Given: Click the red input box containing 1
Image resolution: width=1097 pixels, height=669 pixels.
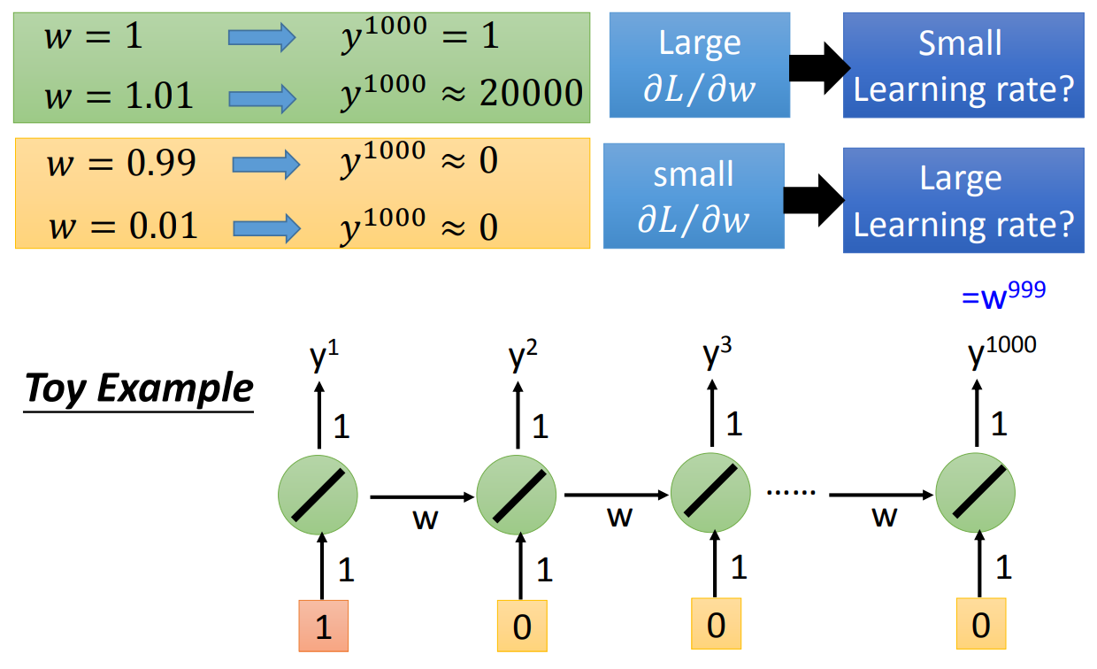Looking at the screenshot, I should click(323, 627).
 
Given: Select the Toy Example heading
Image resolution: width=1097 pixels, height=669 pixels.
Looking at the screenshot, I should click(139, 388).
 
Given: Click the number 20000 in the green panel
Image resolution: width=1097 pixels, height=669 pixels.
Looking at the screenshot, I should click(531, 93).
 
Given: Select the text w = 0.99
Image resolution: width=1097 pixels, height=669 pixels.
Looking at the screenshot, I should click(122, 162).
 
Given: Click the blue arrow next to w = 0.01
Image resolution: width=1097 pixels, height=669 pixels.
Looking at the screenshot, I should click(266, 228).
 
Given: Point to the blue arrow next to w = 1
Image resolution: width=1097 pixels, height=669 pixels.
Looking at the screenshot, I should click(262, 37).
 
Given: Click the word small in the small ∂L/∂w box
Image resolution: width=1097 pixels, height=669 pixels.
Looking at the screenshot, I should click(693, 174).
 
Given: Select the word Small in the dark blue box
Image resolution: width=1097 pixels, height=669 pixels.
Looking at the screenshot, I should click(960, 42).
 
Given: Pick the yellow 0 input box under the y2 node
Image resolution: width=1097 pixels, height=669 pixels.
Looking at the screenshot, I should click(521, 627).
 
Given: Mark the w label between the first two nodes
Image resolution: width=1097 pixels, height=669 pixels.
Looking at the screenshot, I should click(425, 519).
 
